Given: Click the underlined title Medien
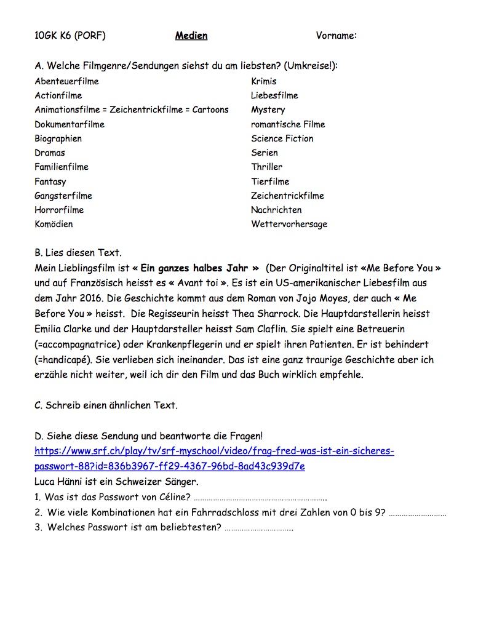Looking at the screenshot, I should pos(191,36).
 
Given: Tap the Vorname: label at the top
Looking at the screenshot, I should pos(337,36).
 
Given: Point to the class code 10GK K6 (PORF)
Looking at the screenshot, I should pos(70,36).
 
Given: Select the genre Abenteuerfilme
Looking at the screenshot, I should pos(66,81).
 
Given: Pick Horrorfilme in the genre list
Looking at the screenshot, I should pos(59,210).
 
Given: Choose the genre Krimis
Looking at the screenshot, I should pos(264,81).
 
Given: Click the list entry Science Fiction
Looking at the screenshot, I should pos(282,138).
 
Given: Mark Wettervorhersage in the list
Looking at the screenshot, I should pos(289,224).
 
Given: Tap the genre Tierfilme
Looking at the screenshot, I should pos(270,181).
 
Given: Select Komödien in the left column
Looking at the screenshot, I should pos(54,224).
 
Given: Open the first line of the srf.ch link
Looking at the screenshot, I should pos(214,451).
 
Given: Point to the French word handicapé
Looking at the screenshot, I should pos(65,360).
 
